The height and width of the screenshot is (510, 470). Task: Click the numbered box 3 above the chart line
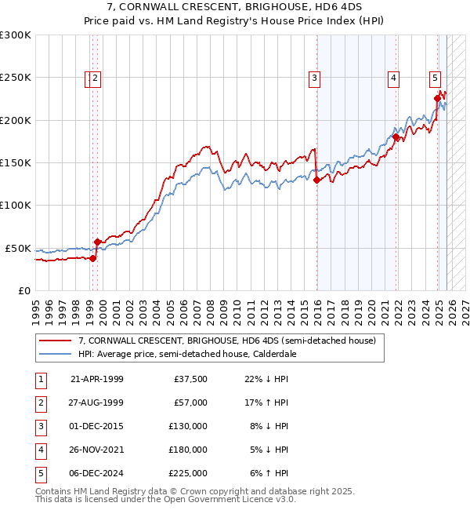point(314,78)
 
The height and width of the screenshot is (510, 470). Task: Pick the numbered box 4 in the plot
point(393,78)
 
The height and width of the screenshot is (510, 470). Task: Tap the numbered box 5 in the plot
point(435,78)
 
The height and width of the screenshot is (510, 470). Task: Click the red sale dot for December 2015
point(317,180)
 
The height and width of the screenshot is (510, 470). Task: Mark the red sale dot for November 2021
point(396,137)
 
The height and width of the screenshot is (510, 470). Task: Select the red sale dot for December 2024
point(437,99)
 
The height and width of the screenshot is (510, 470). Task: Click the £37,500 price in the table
point(191,379)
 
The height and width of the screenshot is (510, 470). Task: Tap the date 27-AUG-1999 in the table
point(96,403)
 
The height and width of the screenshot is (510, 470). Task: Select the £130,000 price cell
point(188,426)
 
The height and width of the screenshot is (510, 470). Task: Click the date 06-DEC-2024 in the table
point(96,473)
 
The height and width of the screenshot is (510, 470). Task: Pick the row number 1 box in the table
point(40,379)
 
